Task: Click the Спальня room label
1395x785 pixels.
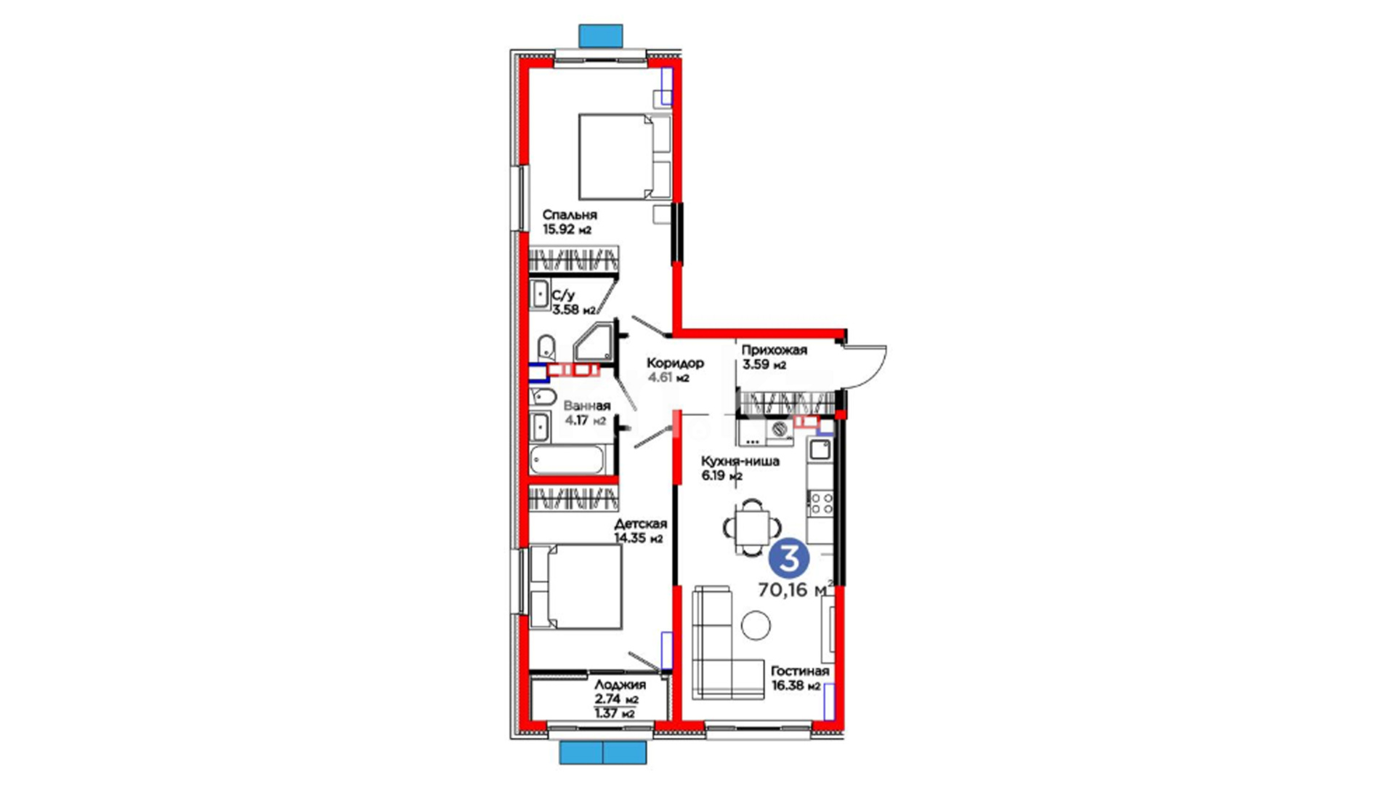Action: (x=570, y=215)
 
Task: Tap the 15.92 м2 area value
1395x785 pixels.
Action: (x=567, y=230)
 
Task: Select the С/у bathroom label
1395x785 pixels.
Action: (x=563, y=296)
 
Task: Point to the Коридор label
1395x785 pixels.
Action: (x=675, y=363)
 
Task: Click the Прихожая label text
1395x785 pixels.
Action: (x=775, y=350)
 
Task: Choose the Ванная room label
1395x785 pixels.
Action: (x=587, y=406)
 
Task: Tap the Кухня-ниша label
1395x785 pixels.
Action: (x=740, y=462)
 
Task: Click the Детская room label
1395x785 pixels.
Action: (x=640, y=524)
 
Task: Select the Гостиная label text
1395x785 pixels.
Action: (x=800, y=671)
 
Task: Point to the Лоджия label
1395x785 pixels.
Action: (x=620, y=685)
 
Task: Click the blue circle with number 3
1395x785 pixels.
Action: (x=789, y=559)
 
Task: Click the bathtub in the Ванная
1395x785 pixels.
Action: (x=567, y=460)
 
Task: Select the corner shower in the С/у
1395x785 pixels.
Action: (x=593, y=342)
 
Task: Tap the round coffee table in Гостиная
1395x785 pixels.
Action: (x=756, y=625)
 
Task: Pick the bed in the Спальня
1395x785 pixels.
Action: (x=624, y=156)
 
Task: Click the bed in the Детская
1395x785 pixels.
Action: (x=575, y=586)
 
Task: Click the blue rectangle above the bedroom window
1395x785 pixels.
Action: (x=601, y=35)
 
